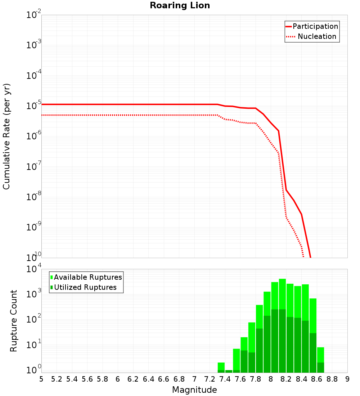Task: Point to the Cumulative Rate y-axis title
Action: tap(6, 136)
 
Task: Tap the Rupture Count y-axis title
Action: tap(14, 321)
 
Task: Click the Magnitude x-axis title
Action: tap(194, 390)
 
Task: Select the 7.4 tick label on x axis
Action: tap(225, 379)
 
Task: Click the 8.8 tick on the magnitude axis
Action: tap(332, 379)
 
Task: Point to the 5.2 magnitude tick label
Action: tap(57, 379)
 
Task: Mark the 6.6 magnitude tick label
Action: tap(164, 379)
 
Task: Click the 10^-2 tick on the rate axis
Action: tap(34, 15)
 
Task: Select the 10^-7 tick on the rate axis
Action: tap(34, 167)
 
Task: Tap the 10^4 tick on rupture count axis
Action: tap(34, 269)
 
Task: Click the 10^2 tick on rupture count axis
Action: tap(34, 320)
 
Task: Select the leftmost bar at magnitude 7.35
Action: tap(221, 367)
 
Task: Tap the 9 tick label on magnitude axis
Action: tap(347, 379)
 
